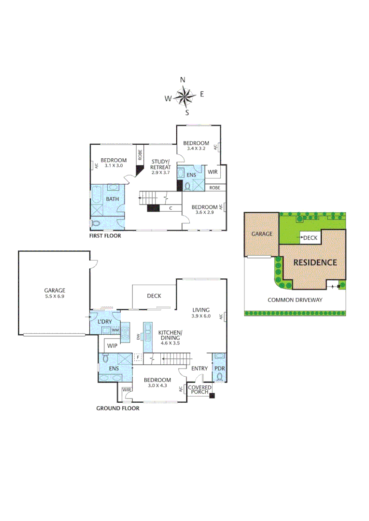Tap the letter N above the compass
pos(183,80)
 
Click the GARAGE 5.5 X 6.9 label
pos(55,293)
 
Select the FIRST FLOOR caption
pos(105,236)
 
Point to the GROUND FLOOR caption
pos(118,408)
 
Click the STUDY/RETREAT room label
pos(160,167)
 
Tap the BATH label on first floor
pos(113,199)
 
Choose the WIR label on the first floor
pos(213,172)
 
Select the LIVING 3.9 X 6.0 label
pos(201,314)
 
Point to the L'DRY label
pos(105,321)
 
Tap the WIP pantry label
pos(112,346)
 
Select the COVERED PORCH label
pos(199,390)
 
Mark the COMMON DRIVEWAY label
pos(295,300)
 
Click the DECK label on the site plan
pos(310,237)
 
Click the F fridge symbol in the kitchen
pos(137,358)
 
